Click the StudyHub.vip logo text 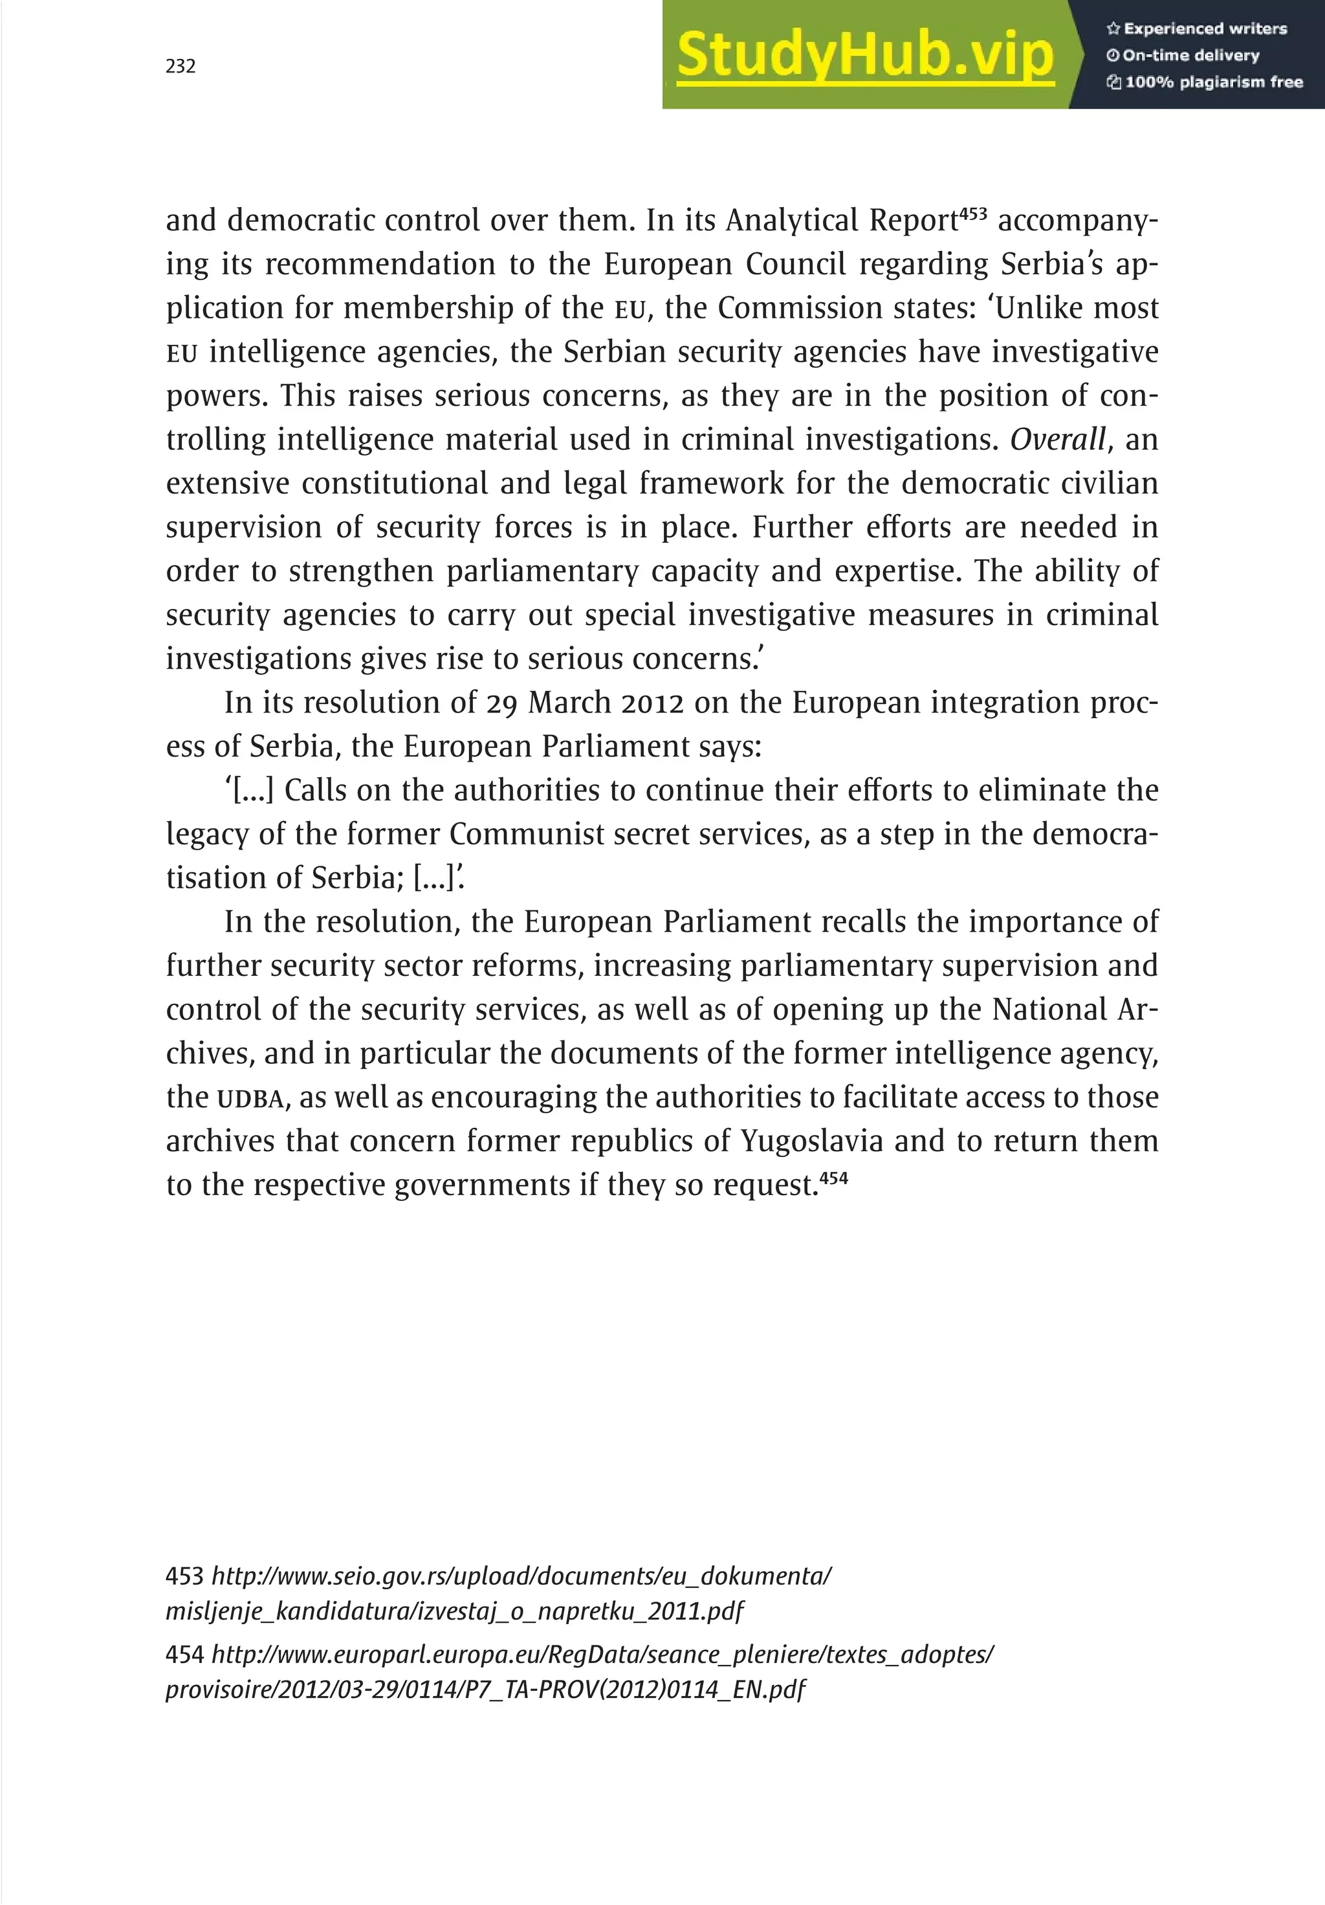[864, 55]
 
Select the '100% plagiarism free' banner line [1204, 82]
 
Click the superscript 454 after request [834, 1177]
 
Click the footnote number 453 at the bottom [184, 1576]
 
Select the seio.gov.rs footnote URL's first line [521, 1576]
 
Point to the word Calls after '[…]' [315, 791]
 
